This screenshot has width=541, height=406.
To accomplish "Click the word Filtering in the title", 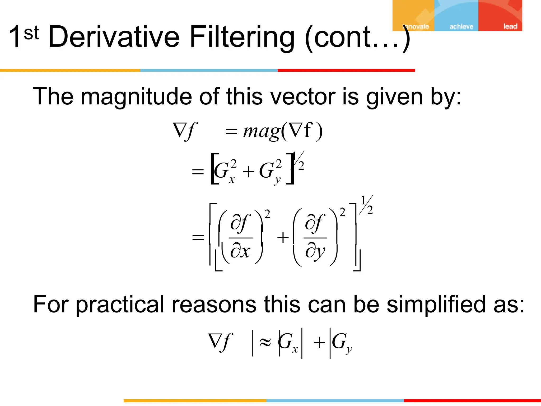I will [242, 37].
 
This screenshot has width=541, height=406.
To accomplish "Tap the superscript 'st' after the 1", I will [31, 33].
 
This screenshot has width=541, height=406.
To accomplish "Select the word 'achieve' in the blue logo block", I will [461, 26].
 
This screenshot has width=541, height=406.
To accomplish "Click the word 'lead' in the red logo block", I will [510, 26].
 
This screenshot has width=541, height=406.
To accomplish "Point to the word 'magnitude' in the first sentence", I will [136, 97].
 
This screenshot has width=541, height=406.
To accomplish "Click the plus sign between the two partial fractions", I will [283, 237].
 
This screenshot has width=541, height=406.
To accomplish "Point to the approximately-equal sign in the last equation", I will [265, 342].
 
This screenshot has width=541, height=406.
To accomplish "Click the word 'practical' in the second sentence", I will [120, 304].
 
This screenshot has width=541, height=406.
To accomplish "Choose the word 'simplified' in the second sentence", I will [436, 304].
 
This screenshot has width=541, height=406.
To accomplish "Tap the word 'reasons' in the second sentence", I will [214, 304].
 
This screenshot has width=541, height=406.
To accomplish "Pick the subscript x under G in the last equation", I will [295, 349].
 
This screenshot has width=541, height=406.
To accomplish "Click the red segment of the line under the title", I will [346, 70].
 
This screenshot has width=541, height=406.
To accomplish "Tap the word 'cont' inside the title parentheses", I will [341, 37].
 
